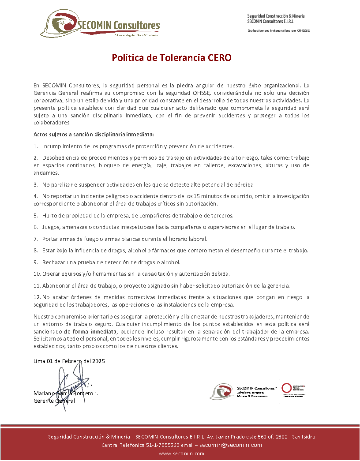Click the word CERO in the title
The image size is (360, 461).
(x=220, y=58)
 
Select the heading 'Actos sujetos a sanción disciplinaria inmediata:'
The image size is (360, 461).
(x=94, y=134)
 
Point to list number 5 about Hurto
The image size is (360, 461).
(x=36, y=216)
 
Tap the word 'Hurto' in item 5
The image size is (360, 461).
(x=50, y=216)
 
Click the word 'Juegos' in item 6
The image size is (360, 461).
(x=52, y=227)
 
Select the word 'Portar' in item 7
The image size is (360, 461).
(x=50, y=239)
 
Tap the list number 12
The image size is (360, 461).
(x=37, y=297)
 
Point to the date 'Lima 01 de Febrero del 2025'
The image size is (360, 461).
(x=69, y=361)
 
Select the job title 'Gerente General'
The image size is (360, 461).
(x=54, y=401)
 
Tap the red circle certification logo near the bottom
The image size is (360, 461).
(x=287, y=388)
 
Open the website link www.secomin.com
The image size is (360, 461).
(x=181, y=454)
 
